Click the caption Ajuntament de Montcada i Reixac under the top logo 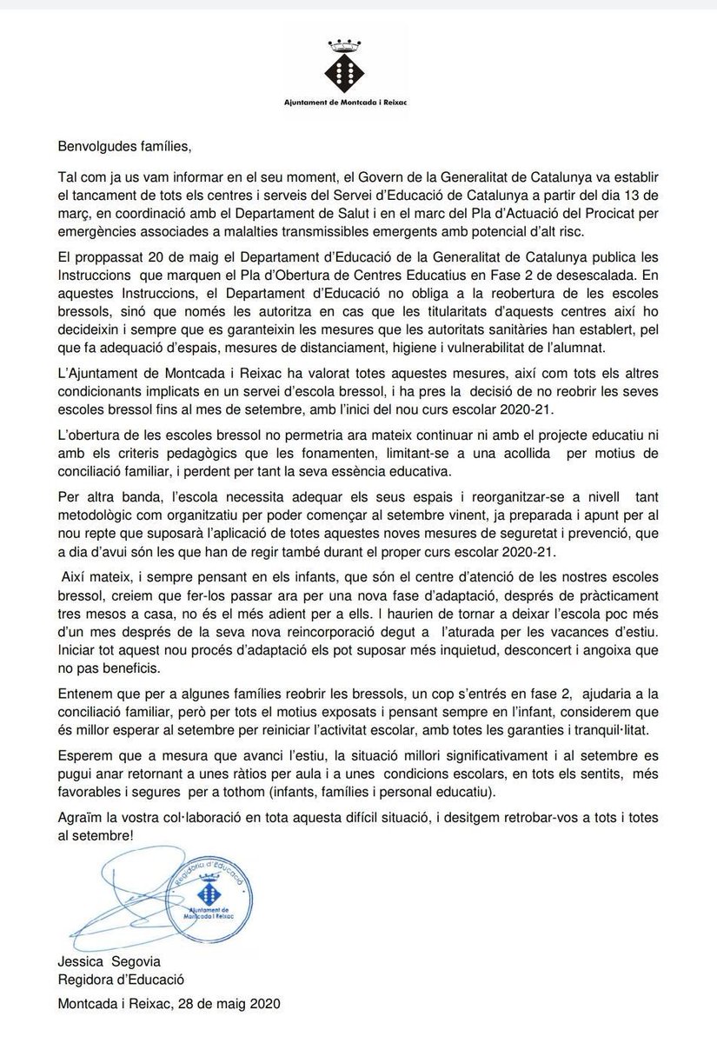(x=358, y=102)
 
